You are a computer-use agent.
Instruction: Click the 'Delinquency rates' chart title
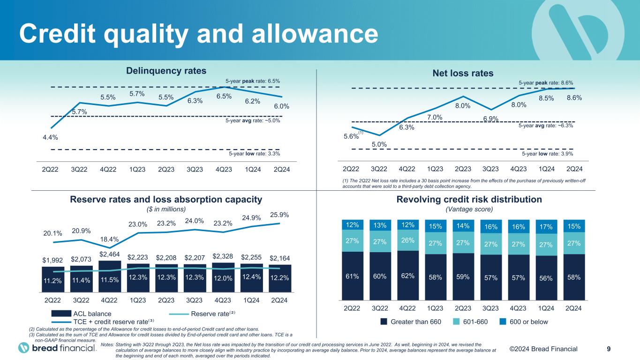click(166, 71)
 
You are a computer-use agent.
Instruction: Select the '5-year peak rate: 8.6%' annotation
click(546, 82)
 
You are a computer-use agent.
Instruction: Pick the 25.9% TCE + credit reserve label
click(279, 215)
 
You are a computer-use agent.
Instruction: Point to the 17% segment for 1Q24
click(546, 227)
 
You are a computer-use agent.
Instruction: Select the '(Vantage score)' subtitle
click(469, 209)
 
